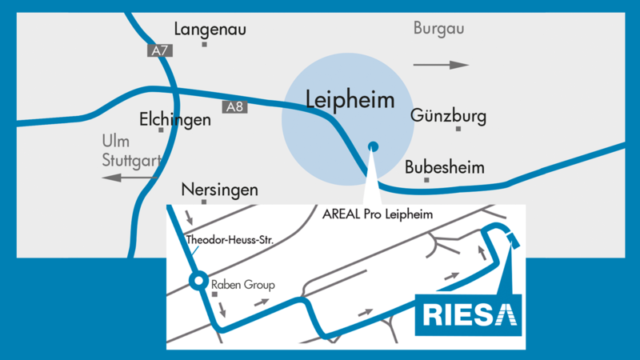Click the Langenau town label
click(x=210, y=30)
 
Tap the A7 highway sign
click(x=160, y=50)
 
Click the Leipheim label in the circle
click(x=350, y=100)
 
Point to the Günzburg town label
click(x=448, y=117)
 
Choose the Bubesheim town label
click(x=445, y=168)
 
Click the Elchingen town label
click(x=175, y=119)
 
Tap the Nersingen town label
click(x=220, y=190)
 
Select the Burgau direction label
click(x=438, y=30)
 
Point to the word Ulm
click(x=115, y=141)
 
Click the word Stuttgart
click(x=130, y=159)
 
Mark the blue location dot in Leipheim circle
click(x=372, y=146)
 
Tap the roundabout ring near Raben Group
click(x=197, y=281)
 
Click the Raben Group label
click(x=242, y=284)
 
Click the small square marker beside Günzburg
click(x=458, y=128)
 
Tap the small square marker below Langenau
click(x=205, y=44)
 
